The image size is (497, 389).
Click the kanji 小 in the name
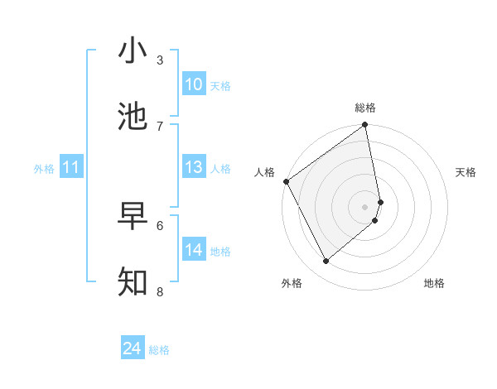point(133,51)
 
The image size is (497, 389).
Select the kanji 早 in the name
point(133,216)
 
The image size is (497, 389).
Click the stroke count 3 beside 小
point(160,60)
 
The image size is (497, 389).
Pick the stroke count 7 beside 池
point(160,126)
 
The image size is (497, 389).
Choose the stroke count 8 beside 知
point(160,291)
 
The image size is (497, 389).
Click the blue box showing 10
point(194,84)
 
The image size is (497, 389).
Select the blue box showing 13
point(194,168)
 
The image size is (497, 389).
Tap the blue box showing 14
point(194,250)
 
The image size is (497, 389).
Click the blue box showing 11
point(71,168)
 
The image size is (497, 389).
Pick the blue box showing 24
point(133,349)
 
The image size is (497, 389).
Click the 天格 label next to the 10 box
point(220,85)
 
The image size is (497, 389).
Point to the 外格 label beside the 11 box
point(44,169)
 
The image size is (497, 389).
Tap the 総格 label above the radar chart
point(365,108)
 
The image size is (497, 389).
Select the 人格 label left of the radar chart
point(264,172)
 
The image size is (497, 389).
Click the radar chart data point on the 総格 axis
point(365,126)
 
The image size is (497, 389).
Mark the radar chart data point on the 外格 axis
point(326,261)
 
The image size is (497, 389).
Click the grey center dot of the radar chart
point(365,206)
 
